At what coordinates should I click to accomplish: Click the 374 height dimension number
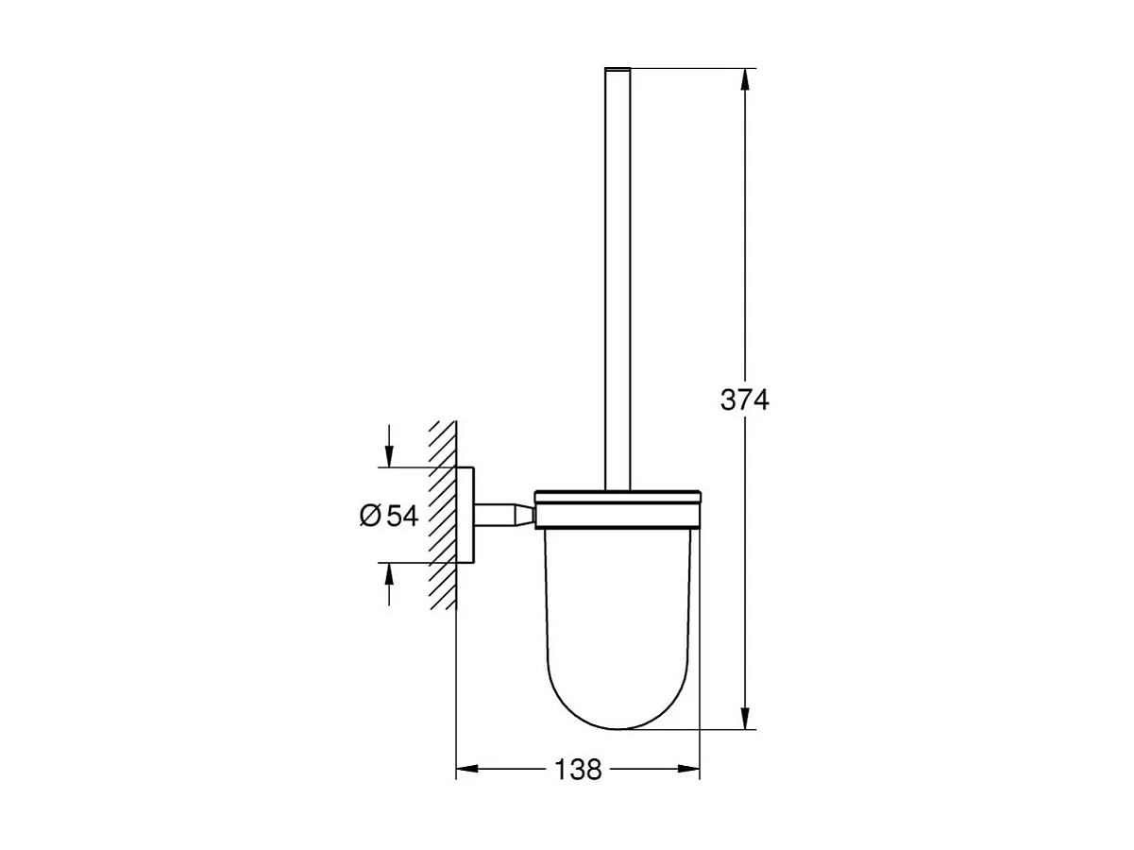[745, 400]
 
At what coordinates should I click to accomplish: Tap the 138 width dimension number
[578, 770]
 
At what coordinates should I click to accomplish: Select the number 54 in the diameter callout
[401, 515]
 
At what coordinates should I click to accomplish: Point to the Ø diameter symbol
[370, 516]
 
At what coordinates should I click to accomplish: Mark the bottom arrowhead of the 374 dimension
[745, 719]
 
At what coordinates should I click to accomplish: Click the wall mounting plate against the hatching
[465, 515]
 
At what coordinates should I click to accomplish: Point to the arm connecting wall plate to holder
[505, 515]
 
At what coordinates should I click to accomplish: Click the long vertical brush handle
[617, 283]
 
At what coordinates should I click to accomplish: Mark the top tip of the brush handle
[617, 70]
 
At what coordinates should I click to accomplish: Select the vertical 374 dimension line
[745, 236]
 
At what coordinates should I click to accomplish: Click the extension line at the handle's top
[689, 68]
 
